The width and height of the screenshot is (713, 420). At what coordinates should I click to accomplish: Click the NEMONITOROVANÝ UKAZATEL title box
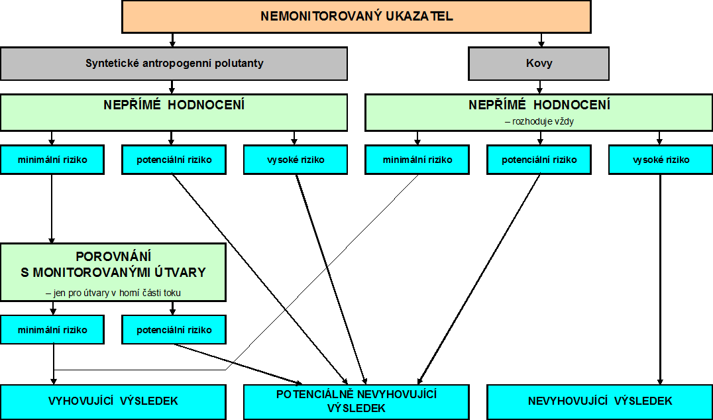356,17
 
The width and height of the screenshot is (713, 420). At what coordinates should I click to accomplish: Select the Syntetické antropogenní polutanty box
174,63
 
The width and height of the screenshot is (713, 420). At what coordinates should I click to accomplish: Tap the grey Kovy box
539,63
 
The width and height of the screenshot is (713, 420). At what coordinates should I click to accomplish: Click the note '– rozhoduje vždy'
539,122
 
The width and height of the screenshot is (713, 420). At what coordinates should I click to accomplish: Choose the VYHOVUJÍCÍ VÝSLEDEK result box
113,402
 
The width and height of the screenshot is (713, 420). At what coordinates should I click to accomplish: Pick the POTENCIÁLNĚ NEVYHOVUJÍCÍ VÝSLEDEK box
356,402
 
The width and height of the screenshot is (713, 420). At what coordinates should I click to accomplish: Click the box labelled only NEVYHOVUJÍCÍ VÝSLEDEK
600,402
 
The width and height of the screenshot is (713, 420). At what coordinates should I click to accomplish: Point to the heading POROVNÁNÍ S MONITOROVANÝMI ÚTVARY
113,264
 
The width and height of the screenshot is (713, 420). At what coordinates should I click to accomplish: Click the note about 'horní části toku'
113,293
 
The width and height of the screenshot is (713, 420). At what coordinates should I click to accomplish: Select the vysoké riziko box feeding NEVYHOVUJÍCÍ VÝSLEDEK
661,160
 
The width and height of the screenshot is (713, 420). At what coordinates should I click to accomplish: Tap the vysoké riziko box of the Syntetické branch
296,160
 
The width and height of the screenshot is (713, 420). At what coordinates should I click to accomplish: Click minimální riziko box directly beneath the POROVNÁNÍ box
52,329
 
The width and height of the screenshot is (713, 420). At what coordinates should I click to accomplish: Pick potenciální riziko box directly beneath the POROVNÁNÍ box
174,329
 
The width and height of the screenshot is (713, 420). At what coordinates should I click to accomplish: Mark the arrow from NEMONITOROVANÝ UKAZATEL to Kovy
541,40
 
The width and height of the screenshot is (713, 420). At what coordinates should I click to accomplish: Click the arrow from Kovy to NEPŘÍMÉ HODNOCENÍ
540,87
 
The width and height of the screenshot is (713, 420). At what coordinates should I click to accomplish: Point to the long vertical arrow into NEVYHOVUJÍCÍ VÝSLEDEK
660,280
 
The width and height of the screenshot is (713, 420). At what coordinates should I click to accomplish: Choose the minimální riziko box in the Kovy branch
417,160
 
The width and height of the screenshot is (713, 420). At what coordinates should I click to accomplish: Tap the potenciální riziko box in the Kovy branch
539,160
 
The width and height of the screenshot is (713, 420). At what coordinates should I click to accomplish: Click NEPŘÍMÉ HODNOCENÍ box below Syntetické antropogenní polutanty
174,112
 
